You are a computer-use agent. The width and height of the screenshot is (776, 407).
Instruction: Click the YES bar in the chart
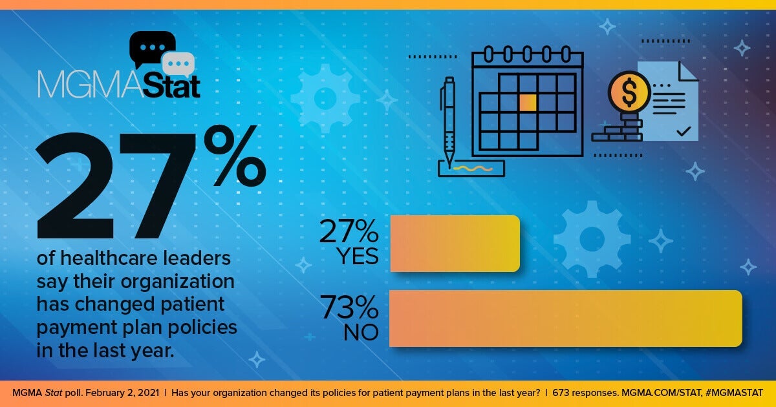[455, 244]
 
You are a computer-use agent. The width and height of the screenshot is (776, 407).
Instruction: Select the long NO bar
[565, 318]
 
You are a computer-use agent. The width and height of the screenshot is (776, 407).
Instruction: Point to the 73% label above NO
[349, 308]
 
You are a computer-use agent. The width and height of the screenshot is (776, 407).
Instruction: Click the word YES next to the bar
[357, 256]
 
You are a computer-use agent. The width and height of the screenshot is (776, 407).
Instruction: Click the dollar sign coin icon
[629, 92]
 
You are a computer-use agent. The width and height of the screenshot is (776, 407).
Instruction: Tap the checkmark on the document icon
[682, 131]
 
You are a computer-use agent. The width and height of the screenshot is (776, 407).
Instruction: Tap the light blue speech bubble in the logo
[178, 65]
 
